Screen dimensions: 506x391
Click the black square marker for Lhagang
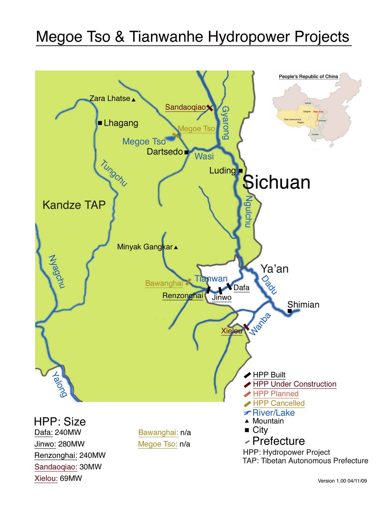click(100, 123)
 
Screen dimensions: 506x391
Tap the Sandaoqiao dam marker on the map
click(210, 108)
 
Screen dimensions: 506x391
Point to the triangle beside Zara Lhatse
click(133, 100)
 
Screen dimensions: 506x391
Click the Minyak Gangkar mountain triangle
click(176, 247)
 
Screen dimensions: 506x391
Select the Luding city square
click(240, 171)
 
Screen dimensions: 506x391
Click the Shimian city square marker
click(289, 311)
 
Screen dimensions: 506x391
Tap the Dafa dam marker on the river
click(229, 287)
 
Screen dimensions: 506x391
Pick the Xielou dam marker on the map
click(246, 327)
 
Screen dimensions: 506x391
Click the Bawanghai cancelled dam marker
click(188, 281)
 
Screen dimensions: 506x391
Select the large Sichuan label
click(276, 182)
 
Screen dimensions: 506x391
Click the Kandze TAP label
click(74, 205)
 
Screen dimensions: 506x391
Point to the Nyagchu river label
click(57, 271)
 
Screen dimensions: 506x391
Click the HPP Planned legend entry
click(276, 394)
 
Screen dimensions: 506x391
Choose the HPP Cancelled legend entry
click(278, 403)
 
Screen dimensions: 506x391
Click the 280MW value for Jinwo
click(71, 444)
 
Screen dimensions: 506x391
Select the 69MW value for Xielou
click(71, 478)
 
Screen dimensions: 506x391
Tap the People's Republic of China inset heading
click(308, 77)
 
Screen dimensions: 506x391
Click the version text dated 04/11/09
click(342, 481)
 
